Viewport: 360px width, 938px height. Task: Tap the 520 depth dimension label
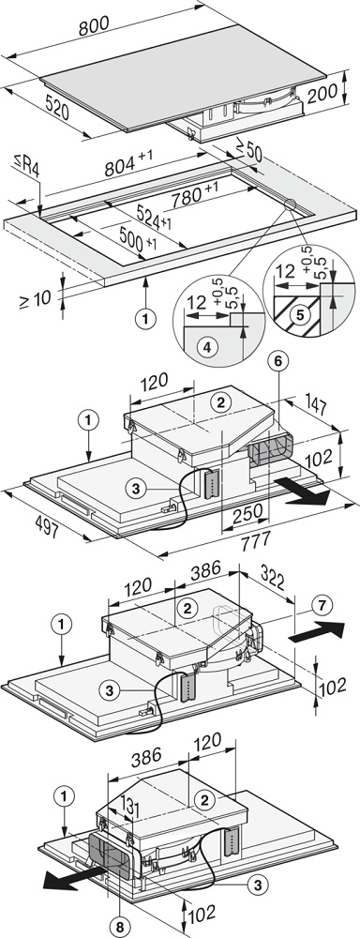(57, 108)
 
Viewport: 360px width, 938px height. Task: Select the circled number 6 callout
(281, 360)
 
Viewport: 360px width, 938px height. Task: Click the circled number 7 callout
(321, 605)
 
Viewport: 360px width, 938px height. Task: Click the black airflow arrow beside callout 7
(316, 631)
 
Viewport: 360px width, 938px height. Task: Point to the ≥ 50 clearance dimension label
(247, 149)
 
